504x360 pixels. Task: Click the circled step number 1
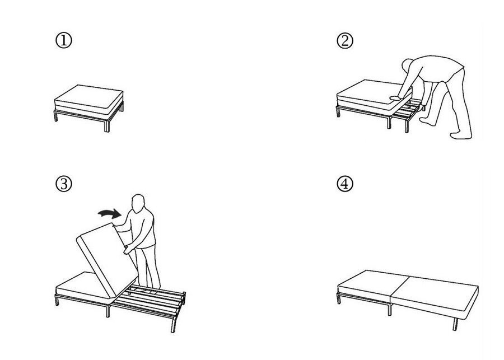coord(64,41)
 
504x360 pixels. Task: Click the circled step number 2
coord(345,41)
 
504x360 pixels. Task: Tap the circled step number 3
coord(64,184)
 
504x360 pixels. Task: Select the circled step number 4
coord(345,184)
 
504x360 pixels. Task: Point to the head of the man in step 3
coord(138,203)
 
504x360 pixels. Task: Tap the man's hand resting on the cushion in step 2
coord(395,98)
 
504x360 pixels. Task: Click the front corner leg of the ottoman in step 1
coord(107,125)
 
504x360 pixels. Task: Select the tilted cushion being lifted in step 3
coord(107,260)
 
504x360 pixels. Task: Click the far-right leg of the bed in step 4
coord(455,324)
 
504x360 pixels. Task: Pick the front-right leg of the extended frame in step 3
coord(174,325)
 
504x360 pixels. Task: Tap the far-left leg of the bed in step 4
coord(338,298)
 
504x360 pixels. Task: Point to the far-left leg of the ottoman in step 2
coord(338,112)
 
